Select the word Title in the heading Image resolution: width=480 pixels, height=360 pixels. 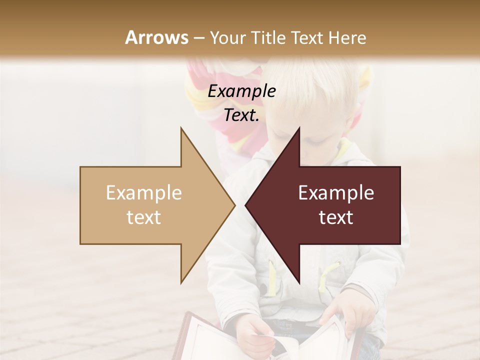(x=268, y=37)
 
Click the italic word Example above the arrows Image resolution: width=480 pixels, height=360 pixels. (x=241, y=91)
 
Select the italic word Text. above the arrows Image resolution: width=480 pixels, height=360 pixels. (x=241, y=115)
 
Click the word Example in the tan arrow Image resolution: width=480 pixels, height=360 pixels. (x=144, y=193)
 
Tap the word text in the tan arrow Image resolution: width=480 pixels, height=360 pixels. (x=144, y=217)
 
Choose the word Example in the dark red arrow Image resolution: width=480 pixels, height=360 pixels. (x=336, y=193)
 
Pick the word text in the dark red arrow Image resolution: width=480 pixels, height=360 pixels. (x=336, y=217)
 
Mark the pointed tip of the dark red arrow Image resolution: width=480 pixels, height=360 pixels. (x=247, y=205)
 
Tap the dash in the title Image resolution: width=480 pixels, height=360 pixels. (x=199, y=38)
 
